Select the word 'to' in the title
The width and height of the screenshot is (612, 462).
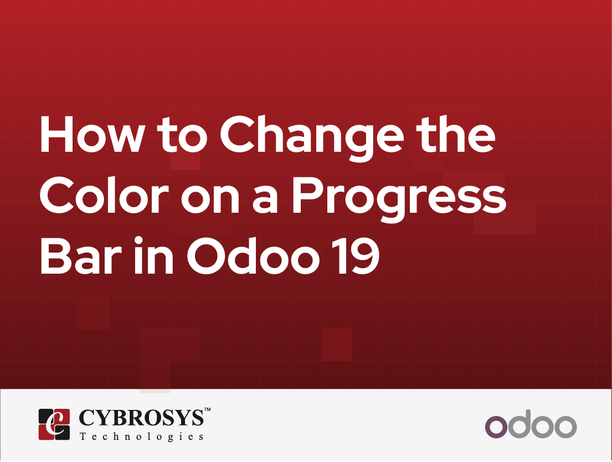point(179,137)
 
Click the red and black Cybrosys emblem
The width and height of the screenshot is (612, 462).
point(54,424)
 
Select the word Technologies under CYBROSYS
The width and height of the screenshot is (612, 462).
point(141,437)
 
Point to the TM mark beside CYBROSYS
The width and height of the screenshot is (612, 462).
point(207,410)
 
